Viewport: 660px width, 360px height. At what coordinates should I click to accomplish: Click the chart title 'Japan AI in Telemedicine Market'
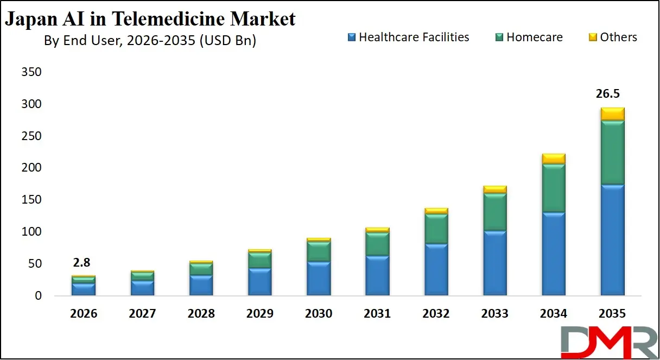(x=150, y=20)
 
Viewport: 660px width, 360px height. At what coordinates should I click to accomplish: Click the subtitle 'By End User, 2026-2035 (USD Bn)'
(x=150, y=41)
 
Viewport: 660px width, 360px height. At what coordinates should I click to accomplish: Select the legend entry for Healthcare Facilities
(x=408, y=37)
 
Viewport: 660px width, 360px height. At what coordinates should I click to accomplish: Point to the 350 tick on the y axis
(x=31, y=72)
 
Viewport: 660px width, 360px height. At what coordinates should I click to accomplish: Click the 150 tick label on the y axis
(x=31, y=200)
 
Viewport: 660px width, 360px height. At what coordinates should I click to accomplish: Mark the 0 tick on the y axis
(x=38, y=296)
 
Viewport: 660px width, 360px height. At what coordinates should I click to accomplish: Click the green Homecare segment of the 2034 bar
(x=554, y=188)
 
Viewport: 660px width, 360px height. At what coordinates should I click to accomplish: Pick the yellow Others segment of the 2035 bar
(x=612, y=114)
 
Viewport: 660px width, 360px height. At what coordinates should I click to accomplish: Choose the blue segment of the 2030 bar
(x=319, y=279)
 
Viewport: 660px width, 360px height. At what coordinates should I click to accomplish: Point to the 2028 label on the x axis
(x=201, y=313)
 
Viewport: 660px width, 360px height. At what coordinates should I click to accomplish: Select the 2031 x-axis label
(x=377, y=313)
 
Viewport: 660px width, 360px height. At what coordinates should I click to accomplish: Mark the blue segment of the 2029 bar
(x=259, y=282)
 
